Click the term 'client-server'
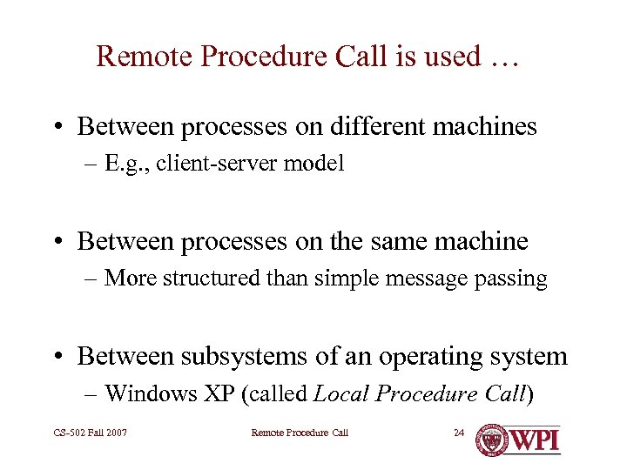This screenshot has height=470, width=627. [231, 164]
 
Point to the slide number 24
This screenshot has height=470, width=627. [460, 433]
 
